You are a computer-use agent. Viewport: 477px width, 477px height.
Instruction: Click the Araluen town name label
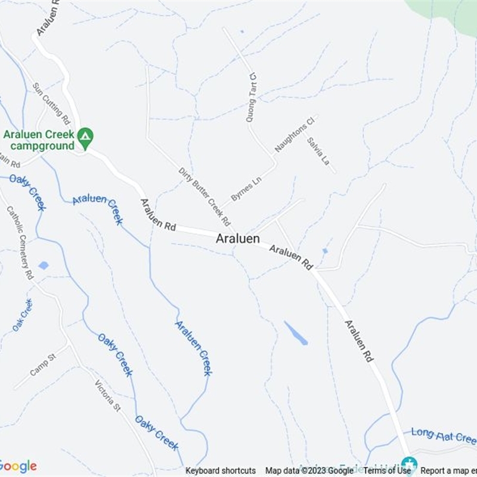(238, 238)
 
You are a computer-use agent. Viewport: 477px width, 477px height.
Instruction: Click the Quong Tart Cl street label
(252, 97)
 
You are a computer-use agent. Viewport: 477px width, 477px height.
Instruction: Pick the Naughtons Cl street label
(294, 135)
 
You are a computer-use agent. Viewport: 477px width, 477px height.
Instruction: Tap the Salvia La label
(318, 151)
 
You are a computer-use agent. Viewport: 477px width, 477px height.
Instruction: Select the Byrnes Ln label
(246, 188)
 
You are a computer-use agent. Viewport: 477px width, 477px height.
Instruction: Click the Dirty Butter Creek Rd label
(205, 197)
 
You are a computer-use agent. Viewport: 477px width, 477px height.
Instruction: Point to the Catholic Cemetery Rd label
(20, 242)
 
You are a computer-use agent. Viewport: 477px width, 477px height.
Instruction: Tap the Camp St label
(42, 364)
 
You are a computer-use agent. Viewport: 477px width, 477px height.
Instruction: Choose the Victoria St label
(108, 395)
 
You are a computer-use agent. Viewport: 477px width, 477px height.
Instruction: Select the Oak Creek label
(23, 315)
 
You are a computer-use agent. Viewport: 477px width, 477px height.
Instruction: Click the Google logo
(18, 466)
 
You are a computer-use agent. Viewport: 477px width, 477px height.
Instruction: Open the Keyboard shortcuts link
(221, 470)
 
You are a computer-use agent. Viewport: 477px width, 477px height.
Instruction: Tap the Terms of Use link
(388, 470)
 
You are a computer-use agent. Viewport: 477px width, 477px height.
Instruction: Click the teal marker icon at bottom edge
(408, 464)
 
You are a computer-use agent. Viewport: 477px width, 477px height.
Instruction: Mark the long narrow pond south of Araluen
(296, 333)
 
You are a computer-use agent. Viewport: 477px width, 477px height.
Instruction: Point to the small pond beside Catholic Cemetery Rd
(43, 265)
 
